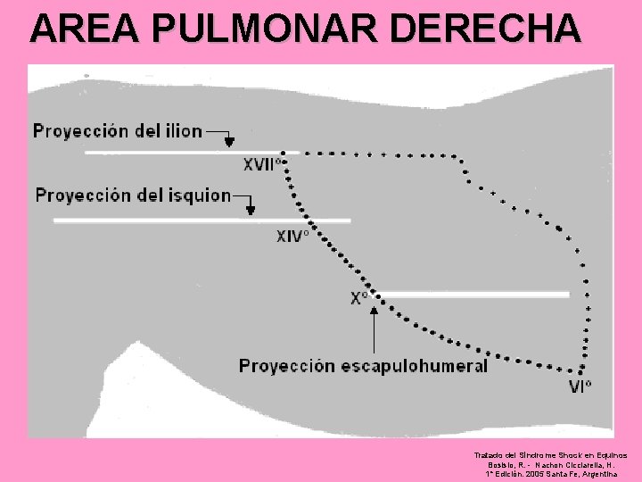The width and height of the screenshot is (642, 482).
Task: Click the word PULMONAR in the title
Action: pyautogui.click(x=267, y=29)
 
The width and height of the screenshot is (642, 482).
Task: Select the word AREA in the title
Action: pyautogui.click(x=86, y=29)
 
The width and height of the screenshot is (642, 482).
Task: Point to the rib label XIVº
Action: pyautogui.click(x=292, y=236)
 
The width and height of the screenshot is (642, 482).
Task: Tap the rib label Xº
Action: pyautogui.click(x=359, y=298)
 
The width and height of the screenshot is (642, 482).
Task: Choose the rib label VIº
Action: pyautogui.click(x=580, y=386)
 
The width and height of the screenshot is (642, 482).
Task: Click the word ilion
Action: pyautogui.click(x=182, y=131)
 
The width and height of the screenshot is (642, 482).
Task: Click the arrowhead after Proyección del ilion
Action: pyautogui.click(x=229, y=141)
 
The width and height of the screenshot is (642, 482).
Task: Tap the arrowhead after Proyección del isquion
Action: pyautogui.click(x=251, y=210)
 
